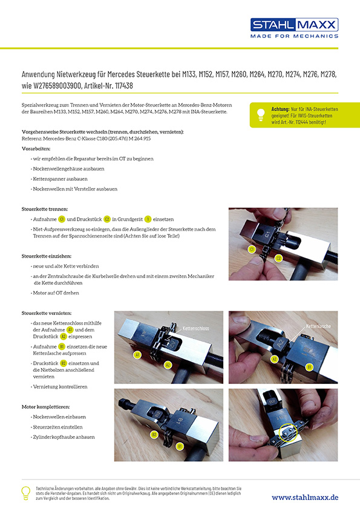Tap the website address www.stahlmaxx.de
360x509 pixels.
(304, 497)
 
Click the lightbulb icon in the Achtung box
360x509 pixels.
(261, 114)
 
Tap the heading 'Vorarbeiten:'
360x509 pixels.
(36, 148)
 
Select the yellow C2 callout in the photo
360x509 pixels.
(278, 258)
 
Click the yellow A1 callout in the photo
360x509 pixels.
(138, 355)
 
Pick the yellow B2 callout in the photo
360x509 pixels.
(154, 434)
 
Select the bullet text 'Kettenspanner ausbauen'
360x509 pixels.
(61, 179)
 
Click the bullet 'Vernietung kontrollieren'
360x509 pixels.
(62, 386)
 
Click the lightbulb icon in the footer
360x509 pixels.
(26, 492)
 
